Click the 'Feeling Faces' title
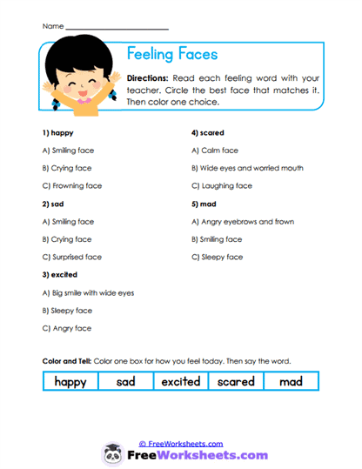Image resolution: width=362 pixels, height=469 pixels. (x=172, y=54)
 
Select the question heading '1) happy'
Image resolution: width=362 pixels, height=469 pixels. (x=57, y=133)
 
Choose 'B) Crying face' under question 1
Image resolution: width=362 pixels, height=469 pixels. (x=67, y=168)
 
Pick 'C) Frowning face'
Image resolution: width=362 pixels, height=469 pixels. (x=71, y=186)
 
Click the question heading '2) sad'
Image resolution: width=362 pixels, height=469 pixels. (x=54, y=204)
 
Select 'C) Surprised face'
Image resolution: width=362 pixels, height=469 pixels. (x=71, y=257)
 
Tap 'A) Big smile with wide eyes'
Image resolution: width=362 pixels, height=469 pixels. (x=88, y=292)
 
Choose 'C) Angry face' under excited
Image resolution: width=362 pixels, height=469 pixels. (x=66, y=328)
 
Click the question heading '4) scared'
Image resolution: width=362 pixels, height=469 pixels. (x=208, y=133)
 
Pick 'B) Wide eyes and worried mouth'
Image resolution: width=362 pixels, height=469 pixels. (x=247, y=168)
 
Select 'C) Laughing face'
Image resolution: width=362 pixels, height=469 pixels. (x=221, y=186)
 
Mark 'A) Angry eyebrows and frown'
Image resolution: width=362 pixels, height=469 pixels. (x=242, y=222)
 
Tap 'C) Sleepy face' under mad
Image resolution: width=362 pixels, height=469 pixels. (x=217, y=257)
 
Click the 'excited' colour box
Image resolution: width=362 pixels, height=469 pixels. (x=181, y=381)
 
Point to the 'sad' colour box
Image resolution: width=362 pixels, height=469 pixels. (x=125, y=381)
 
